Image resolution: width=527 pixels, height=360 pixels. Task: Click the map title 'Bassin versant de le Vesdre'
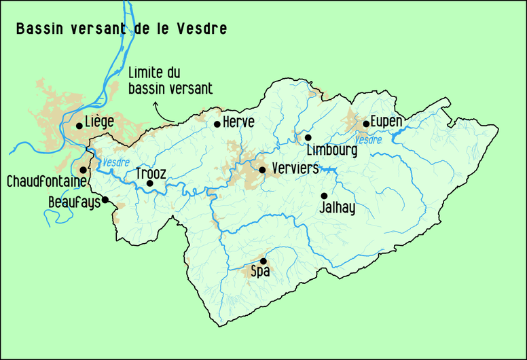(121, 29)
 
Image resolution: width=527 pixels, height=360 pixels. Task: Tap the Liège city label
(99, 122)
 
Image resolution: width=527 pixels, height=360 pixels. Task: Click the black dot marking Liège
(79, 126)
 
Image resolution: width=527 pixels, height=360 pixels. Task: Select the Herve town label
(239, 122)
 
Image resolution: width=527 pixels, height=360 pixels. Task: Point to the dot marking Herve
(217, 124)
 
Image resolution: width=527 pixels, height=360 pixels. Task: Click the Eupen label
(388, 122)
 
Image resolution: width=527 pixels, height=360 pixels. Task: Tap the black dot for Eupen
(366, 124)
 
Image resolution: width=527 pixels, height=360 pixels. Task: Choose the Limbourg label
(331, 150)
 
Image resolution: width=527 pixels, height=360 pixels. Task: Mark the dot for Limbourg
(308, 137)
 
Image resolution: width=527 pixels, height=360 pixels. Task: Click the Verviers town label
(294, 168)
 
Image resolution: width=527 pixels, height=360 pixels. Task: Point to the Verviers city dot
(262, 170)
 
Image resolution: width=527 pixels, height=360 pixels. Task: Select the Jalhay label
(337, 209)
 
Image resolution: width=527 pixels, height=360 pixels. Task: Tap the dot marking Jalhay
(324, 196)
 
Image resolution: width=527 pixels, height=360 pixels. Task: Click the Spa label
(261, 272)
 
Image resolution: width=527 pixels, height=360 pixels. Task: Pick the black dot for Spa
(263, 261)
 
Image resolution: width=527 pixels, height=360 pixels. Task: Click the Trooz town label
(150, 173)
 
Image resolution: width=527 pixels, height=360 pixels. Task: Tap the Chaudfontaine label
(46, 182)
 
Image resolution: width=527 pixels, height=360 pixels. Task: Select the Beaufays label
(74, 202)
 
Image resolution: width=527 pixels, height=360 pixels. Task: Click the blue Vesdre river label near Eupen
(368, 140)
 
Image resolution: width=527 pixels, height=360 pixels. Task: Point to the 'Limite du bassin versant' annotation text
(170, 80)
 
